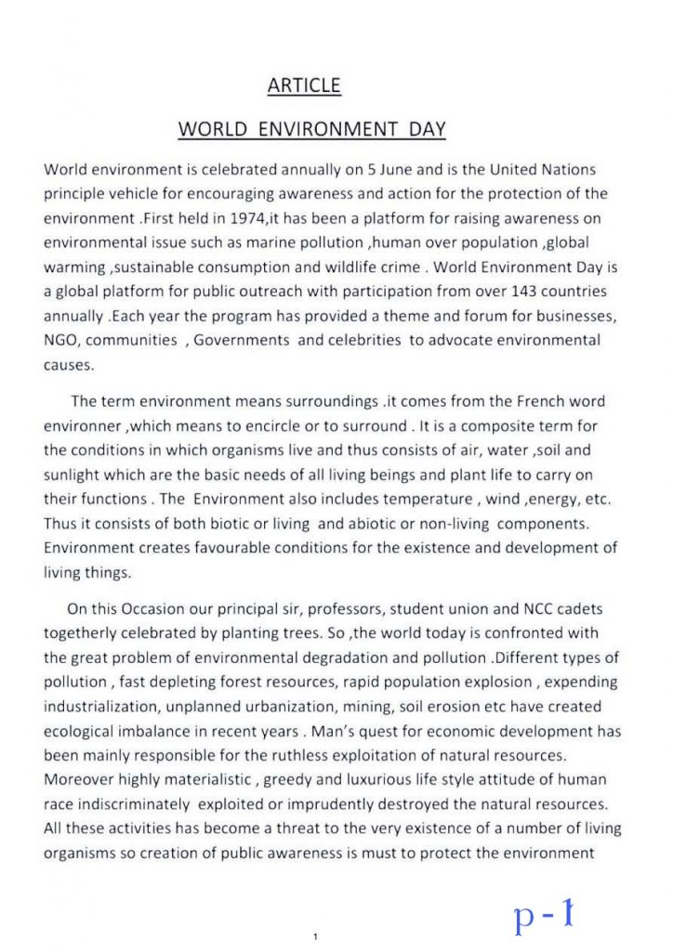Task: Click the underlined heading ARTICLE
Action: click(x=304, y=86)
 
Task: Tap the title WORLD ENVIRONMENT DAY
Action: click(x=311, y=130)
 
